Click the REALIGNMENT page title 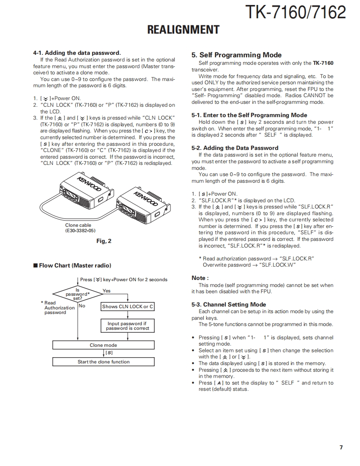(183, 30)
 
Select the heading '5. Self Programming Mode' (236, 55)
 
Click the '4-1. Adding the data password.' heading (77, 53)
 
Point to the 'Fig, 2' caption (104, 241)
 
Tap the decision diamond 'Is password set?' (77, 294)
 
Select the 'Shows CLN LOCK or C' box (128, 307)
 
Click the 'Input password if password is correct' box (127, 326)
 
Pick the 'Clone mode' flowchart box (103, 345)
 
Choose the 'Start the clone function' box (103, 362)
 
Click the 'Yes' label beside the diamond (106, 291)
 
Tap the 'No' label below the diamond (82, 306)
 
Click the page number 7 (341, 447)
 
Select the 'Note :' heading (200, 278)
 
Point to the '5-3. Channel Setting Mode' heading (229, 304)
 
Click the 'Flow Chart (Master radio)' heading (75, 265)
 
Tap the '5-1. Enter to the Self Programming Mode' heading (249, 115)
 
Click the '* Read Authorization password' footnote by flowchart (58, 308)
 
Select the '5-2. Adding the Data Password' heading (235, 148)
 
